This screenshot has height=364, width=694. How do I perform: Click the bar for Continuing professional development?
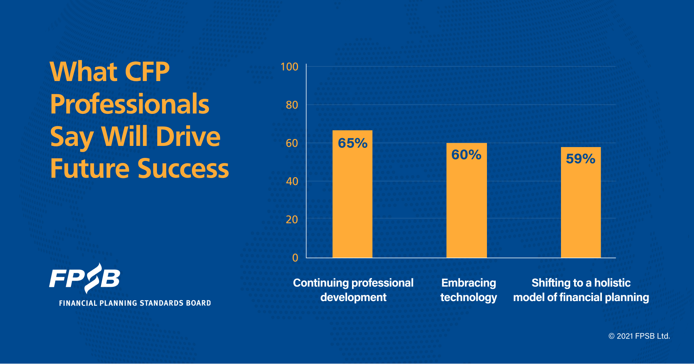click(352, 201)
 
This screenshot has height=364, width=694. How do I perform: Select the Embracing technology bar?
click(467, 208)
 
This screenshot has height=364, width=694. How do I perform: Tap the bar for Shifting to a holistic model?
click(581, 210)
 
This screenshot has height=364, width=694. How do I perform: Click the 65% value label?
click(352, 143)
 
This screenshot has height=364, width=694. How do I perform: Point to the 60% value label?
click(466, 155)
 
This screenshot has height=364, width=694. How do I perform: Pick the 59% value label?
click(580, 159)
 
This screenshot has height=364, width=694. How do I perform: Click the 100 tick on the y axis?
click(289, 67)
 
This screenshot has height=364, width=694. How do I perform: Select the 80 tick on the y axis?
click(292, 105)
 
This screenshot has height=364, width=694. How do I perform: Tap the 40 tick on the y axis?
click(292, 181)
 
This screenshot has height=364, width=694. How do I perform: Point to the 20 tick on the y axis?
click(292, 220)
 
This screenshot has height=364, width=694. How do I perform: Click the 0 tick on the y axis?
click(295, 258)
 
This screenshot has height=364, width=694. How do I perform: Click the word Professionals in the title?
click(130, 104)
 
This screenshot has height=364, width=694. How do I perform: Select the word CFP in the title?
click(147, 72)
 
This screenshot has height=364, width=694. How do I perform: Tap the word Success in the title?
click(183, 169)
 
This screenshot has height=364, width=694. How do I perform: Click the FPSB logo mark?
click(85, 278)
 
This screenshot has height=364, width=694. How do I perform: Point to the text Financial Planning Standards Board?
click(135, 303)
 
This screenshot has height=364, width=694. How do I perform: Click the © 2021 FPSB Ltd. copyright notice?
click(639, 336)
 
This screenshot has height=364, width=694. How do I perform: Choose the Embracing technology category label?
click(468, 290)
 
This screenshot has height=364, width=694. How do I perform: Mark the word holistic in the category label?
click(612, 283)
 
